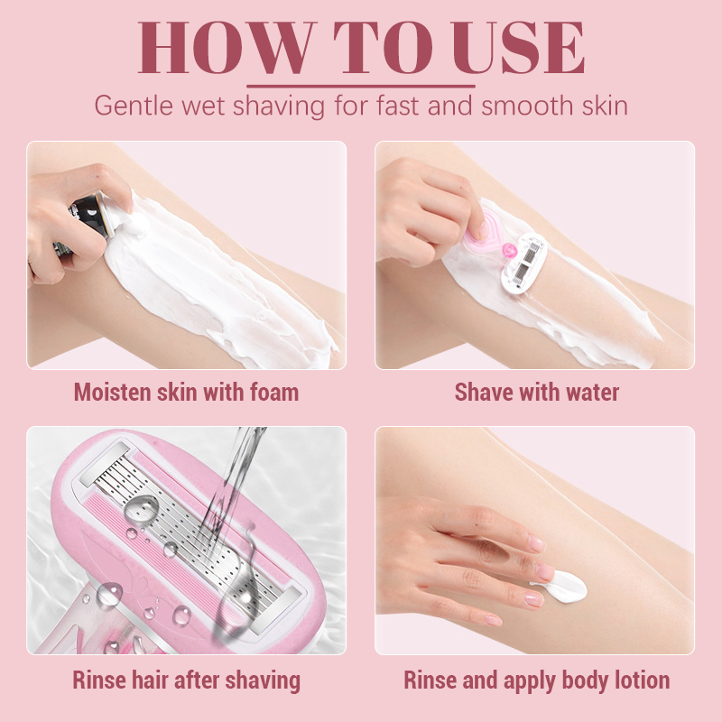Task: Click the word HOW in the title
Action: pos(226,48)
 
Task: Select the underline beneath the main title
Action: pos(361,86)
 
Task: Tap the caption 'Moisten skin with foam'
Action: pos(187,393)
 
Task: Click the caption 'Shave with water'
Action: pos(536,393)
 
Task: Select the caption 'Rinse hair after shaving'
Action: pos(187,680)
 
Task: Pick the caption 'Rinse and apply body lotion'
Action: pos(536,680)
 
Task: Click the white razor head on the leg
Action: pos(523,263)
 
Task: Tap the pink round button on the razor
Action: pos(509,251)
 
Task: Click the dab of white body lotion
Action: pos(562,587)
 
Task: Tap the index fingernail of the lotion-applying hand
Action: pos(537,543)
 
